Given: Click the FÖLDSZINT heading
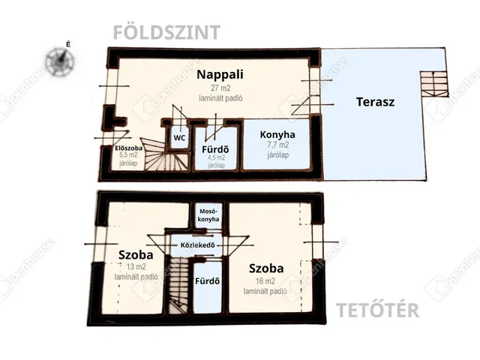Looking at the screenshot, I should coord(166,32).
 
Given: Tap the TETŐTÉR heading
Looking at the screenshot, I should coord(377,310).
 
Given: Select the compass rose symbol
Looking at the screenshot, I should coord(60,58).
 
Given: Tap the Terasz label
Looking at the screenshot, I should coord(375,102).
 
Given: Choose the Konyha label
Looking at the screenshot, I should coord(277,135).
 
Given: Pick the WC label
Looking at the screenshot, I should coord(179,138).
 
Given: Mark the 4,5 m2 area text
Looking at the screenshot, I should coord(215,158).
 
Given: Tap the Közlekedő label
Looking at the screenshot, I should coord(199,245).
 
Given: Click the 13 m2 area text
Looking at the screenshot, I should coord(136,266).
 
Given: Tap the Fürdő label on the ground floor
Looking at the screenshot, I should coord(215,149).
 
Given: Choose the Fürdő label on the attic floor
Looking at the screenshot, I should coord(206,282).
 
